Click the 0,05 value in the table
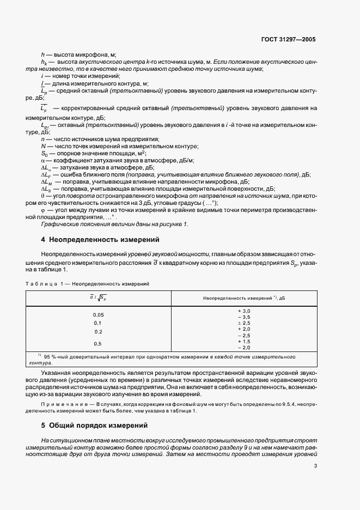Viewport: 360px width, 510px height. pyautogui.click(x=98, y=315)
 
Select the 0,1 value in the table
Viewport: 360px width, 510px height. pyautogui.click(x=98, y=323)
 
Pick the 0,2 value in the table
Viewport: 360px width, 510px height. pyautogui.click(x=98, y=331)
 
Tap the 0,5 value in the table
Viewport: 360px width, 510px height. pyautogui.click(x=98, y=343)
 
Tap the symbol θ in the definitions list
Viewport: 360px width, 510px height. pyautogui.click(x=42, y=195)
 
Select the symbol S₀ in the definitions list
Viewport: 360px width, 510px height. pyautogui.click(x=44, y=154)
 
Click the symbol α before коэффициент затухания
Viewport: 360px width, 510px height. pyautogui.click(x=42, y=161)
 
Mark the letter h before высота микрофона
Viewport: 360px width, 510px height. pyautogui.click(x=42, y=54)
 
